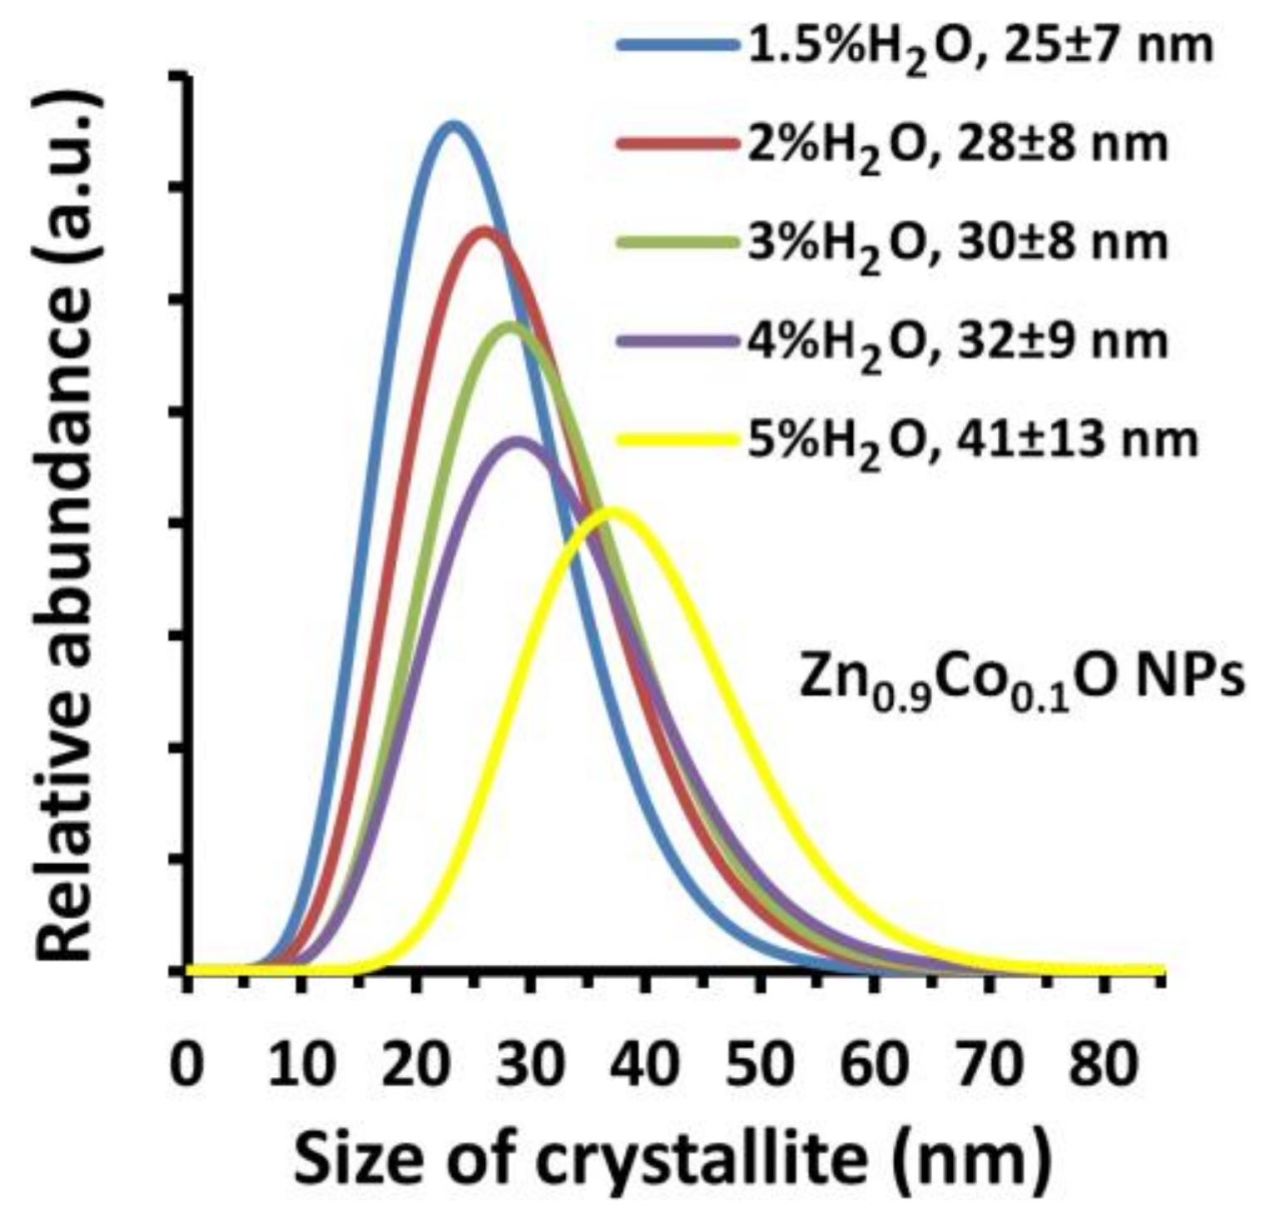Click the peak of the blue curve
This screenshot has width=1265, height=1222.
click(454, 126)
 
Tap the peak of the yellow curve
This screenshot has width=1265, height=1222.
click(613, 512)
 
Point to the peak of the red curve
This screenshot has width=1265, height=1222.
click(484, 231)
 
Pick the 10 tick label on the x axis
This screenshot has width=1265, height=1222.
click(301, 1066)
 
